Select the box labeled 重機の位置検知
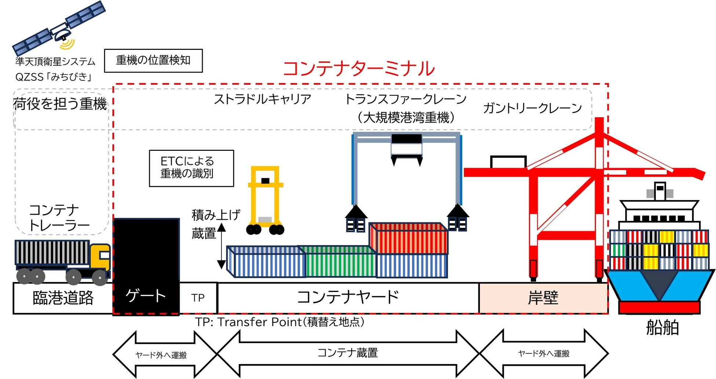[x=153, y=61]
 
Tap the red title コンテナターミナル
[x=359, y=69]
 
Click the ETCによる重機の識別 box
[x=191, y=168]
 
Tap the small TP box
[x=198, y=298]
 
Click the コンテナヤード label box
[x=348, y=298]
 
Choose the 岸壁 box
[x=543, y=298]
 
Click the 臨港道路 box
[x=63, y=298]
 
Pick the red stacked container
[x=409, y=238]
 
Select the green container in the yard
[x=340, y=262]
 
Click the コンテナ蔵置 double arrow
[x=348, y=353]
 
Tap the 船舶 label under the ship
[x=662, y=327]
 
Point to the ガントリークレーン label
[x=532, y=108]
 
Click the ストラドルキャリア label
[x=262, y=99]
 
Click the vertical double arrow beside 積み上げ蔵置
[x=221, y=246]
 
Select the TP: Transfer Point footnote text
[x=280, y=322]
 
